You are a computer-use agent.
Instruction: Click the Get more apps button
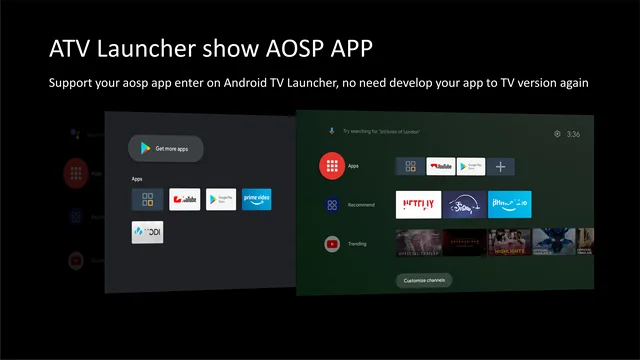(x=166, y=149)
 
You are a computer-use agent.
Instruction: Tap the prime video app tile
(x=257, y=199)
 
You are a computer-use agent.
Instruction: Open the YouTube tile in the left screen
(x=185, y=199)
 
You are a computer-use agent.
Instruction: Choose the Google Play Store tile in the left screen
(x=221, y=199)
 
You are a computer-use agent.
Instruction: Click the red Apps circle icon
(x=332, y=167)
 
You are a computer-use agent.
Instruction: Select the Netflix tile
(x=418, y=205)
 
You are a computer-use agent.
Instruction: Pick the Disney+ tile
(x=465, y=205)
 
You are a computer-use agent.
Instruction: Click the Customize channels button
(x=424, y=280)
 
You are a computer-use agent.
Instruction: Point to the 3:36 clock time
(x=573, y=134)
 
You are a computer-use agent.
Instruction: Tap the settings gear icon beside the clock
(x=556, y=134)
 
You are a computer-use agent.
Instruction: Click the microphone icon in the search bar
(x=332, y=131)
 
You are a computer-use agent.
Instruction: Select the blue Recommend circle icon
(x=332, y=205)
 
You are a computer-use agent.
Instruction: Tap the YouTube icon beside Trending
(x=332, y=243)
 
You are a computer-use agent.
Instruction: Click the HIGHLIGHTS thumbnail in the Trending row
(x=509, y=243)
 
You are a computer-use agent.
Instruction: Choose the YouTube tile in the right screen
(x=441, y=167)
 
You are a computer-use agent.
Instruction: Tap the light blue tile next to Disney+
(x=511, y=205)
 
